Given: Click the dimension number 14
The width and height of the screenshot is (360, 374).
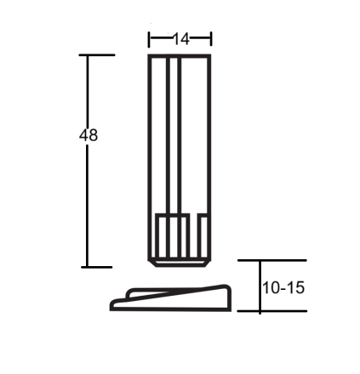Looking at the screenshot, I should point(180,38).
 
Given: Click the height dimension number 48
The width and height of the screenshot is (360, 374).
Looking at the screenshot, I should point(89,135).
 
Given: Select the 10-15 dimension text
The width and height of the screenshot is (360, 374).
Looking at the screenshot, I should point(283,288).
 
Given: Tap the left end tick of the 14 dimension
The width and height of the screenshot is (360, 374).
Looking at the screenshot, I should point(150,38).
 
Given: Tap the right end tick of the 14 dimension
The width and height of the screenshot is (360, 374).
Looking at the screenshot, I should point(210,38).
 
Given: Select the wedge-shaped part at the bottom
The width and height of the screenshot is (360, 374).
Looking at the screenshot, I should point(179,298).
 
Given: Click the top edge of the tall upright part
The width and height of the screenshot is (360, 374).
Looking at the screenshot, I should point(180,56).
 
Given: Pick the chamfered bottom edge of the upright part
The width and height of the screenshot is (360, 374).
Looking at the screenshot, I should point(180,263).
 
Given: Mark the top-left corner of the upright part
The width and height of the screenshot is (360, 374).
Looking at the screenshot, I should point(150,56).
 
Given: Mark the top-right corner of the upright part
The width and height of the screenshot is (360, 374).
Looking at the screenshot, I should point(209,56).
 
